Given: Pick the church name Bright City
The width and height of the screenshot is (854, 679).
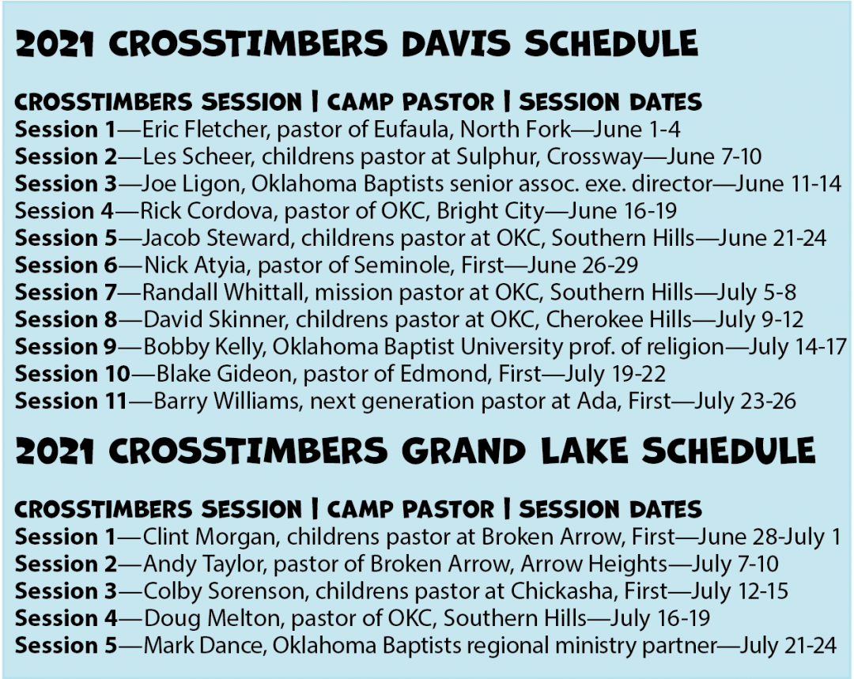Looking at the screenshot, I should (507, 210).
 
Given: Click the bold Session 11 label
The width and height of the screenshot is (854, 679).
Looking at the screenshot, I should (70, 401).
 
